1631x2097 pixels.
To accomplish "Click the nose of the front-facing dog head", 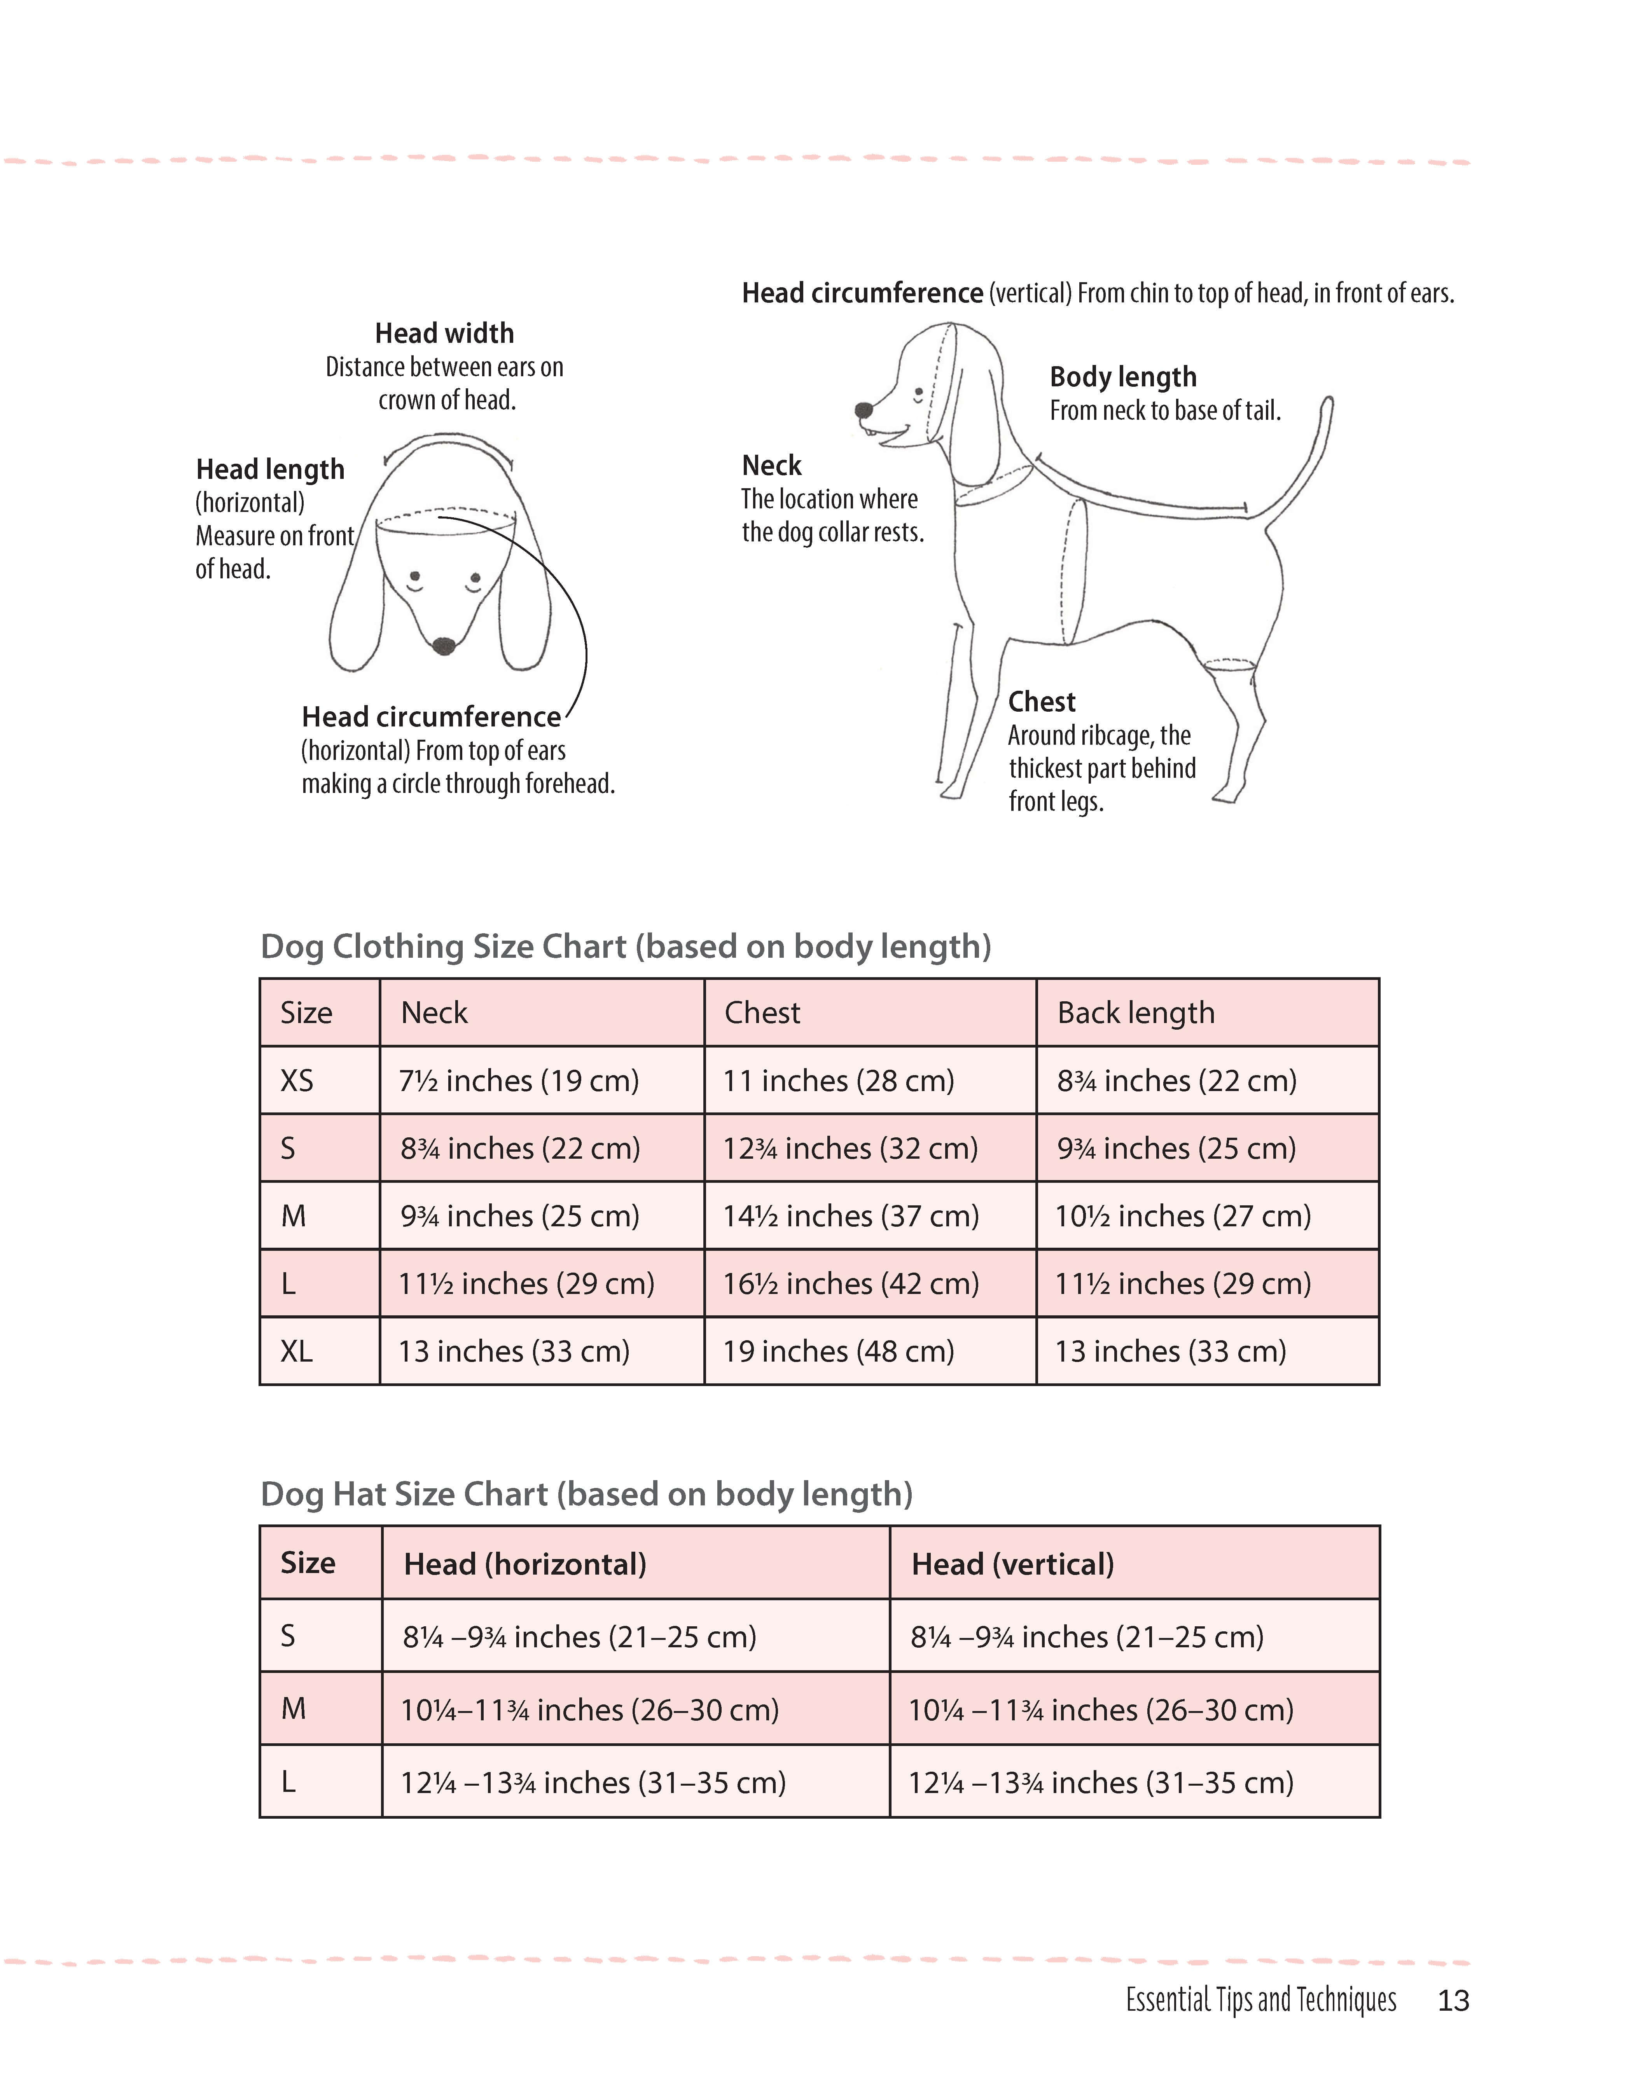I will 444,645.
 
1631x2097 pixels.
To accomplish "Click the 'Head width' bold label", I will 444,333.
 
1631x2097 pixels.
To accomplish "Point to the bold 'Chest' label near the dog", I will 1041,702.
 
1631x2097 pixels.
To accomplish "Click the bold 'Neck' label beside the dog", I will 771,466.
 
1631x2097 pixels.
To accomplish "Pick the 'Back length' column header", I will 1135,1013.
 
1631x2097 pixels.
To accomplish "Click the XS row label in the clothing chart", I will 297,1081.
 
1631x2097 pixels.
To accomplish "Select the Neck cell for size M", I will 520,1217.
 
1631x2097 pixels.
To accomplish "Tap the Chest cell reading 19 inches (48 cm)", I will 839,1352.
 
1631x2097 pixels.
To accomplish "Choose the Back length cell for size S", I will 1176,1148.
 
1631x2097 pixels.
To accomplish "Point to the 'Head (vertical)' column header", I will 1012,1564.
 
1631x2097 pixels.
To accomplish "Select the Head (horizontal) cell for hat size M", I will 590,1710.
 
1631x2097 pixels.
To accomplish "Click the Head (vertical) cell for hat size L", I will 1101,1783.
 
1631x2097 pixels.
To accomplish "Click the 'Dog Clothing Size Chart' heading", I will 625,947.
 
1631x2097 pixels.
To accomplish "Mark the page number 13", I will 1453,2001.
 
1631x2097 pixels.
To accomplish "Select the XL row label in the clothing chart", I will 297,1352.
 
